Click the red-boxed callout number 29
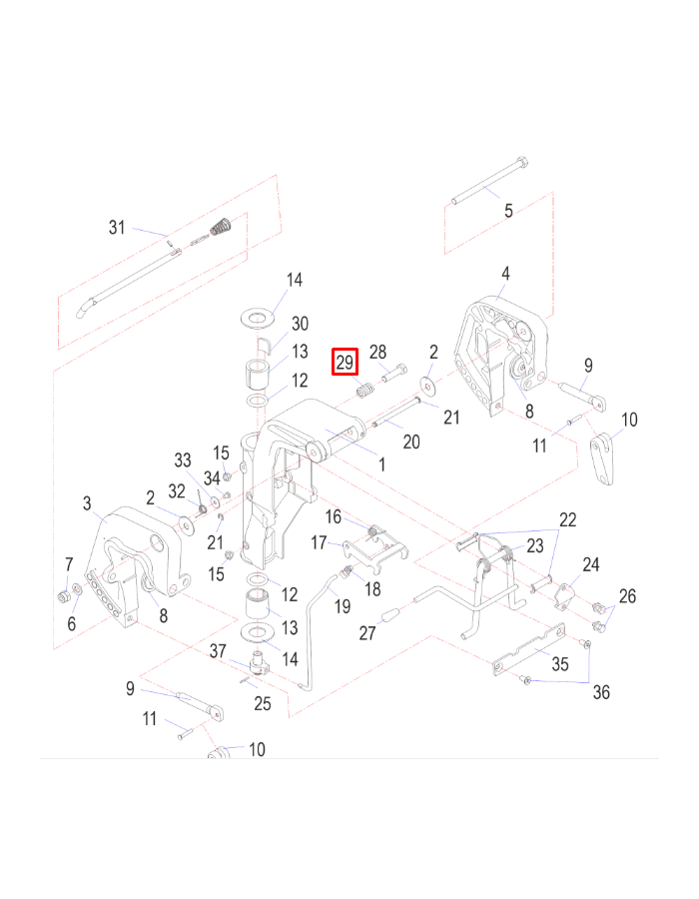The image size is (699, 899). (x=345, y=362)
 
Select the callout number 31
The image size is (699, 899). (x=118, y=228)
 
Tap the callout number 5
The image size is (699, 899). (x=508, y=211)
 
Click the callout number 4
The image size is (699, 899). (x=505, y=273)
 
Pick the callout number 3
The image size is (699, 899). (x=87, y=502)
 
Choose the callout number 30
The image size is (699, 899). (x=300, y=324)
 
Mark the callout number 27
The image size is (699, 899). (x=367, y=632)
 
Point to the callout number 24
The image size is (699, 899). (x=591, y=565)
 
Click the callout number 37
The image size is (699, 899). (x=219, y=651)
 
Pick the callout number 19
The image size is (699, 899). (x=343, y=605)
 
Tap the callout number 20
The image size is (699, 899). (x=410, y=441)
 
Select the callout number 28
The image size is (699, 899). (x=377, y=352)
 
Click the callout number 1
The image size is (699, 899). (x=380, y=464)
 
